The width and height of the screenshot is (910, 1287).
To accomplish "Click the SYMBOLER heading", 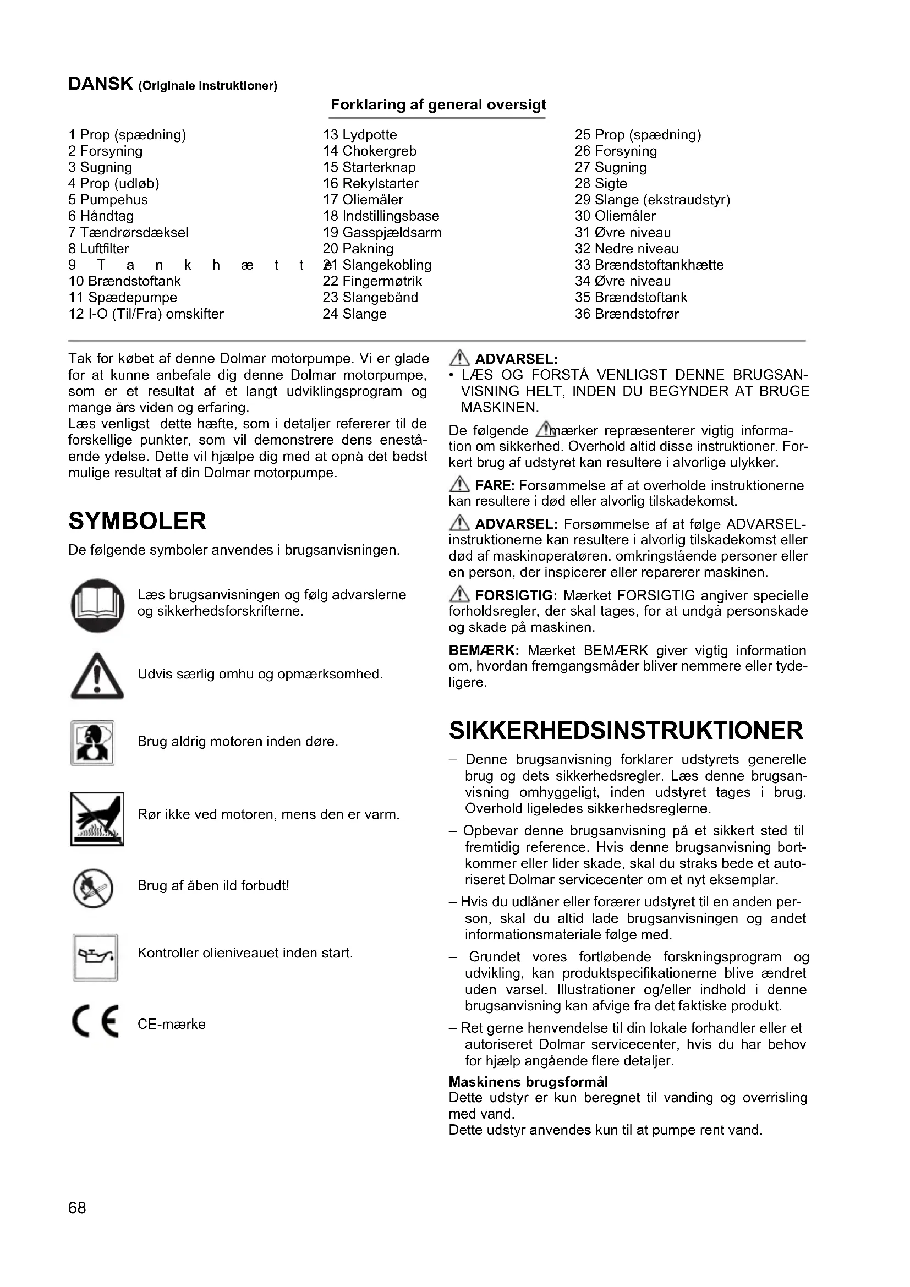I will [138, 521].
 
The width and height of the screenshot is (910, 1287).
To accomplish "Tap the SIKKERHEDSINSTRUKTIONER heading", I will [626, 731].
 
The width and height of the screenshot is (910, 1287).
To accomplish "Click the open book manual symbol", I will [97, 605].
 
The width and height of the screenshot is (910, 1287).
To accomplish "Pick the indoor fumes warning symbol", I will [92, 743].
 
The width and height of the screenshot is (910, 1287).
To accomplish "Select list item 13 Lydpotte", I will [360, 135].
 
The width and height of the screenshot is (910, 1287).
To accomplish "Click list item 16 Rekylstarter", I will [370, 184].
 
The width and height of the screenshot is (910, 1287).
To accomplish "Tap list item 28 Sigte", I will [601, 184].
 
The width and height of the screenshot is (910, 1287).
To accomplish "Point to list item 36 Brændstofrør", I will [627, 314].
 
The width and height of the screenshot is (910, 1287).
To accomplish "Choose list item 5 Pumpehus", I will [108, 200].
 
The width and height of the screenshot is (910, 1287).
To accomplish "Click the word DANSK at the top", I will [100, 84].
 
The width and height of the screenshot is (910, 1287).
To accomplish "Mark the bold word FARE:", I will [494, 485].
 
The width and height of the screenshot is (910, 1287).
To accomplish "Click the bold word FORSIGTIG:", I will [516, 595].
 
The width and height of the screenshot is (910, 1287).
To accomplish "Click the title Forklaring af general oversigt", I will [438, 105].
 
